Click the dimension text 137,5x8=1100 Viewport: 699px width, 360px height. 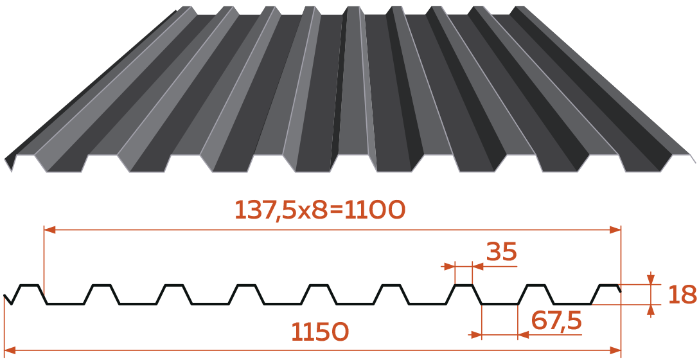coord(320,210)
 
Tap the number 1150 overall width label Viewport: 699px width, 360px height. coord(320,332)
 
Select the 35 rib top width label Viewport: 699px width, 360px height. coord(502,252)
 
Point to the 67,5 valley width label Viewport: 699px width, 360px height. coord(557,321)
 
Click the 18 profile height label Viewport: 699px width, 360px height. coord(682,295)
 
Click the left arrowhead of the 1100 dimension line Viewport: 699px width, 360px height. coord(49,230)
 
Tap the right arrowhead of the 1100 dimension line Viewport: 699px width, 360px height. coord(615,230)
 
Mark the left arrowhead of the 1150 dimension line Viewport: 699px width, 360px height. coord(10,350)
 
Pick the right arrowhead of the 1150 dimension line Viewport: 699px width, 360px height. coord(615,350)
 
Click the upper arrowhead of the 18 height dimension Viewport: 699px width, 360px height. coord(651,278)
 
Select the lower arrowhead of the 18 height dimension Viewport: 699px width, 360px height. coord(651,310)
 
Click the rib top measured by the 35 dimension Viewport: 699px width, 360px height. coord(463,284)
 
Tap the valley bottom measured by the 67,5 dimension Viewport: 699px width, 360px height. coord(500,304)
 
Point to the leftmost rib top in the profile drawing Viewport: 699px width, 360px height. coord(29,285)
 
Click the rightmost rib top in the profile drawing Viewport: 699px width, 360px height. coord(608,285)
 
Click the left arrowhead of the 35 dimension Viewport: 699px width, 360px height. coord(448,267)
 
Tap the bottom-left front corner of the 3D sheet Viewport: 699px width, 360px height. coord(11,172)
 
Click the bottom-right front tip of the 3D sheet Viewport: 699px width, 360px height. coord(695,163)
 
